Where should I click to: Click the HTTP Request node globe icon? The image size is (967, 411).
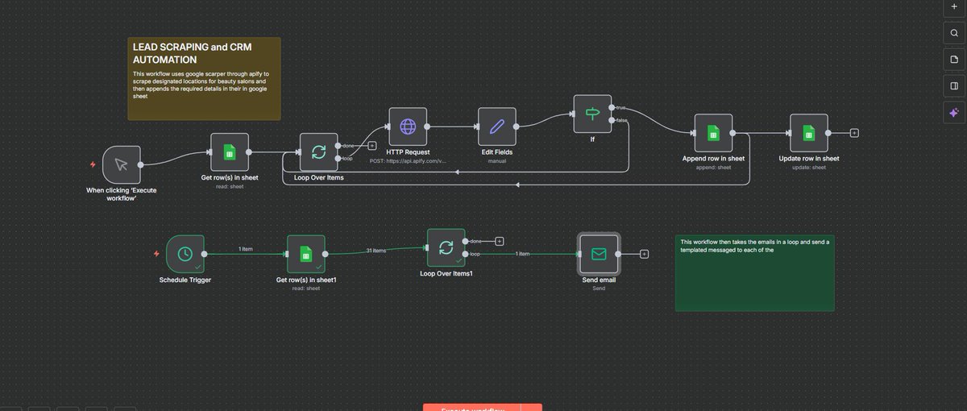(x=408, y=127)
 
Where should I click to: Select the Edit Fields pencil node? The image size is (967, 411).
(x=496, y=127)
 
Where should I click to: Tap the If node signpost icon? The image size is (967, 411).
(x=592, y=114)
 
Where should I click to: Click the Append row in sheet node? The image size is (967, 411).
(x=712, y=133)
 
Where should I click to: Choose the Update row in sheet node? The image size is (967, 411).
(x=808, y=133)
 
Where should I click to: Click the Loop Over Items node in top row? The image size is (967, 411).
(x=318, y=152)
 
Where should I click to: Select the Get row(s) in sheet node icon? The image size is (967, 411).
(x=230, y=152)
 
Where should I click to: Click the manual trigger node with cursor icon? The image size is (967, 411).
(x=122, y=164)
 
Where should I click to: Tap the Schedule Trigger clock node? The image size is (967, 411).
(x=185, y=254)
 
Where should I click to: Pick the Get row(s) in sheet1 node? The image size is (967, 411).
(x=305, y=254)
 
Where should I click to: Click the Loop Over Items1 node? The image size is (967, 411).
(x=446, y=247)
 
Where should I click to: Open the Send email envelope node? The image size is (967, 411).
(x=599, y=254)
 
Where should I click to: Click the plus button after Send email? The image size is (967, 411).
(x=645, y=254)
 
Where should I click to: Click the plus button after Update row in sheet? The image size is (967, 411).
(x=854, y=133)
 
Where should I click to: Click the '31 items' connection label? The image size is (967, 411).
(x=376, y=251)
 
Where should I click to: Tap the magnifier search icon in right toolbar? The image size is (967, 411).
(x=953, y=33)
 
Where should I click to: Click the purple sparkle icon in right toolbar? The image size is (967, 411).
(x=953, y=113)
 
